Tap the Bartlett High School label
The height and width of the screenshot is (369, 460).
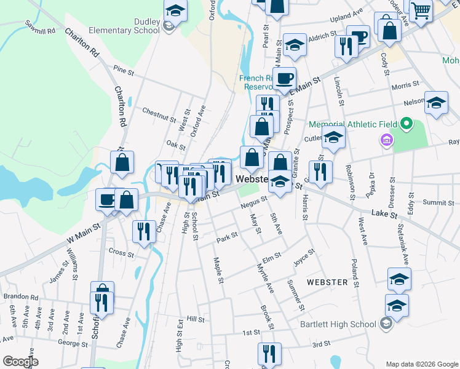[338, 324]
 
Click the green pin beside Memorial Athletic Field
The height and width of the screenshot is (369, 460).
[405, 124]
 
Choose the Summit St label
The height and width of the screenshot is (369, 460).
[438, 202]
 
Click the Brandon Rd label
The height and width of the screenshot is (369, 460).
[21, 296]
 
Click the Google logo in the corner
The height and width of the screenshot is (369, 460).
[20, 362]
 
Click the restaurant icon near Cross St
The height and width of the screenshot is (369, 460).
[144, 231]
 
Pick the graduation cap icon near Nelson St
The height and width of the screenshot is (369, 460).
[436, 103]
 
